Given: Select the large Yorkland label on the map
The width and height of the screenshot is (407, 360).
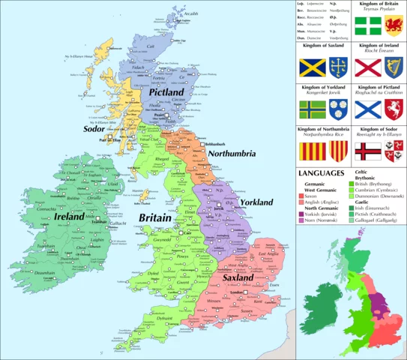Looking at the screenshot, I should [258, 203].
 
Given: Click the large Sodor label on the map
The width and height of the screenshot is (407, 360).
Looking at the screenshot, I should [97, 128].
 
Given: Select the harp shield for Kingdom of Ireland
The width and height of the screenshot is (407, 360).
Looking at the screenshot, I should [392, 67].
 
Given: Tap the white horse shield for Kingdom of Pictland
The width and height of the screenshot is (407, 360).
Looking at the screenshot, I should [392, 109].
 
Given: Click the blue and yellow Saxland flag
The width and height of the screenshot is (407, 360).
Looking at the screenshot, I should [312, 67].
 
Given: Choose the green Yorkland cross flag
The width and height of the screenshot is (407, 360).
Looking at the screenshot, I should [312, 109].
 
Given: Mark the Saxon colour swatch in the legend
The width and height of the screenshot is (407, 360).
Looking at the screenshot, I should [303, 194].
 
